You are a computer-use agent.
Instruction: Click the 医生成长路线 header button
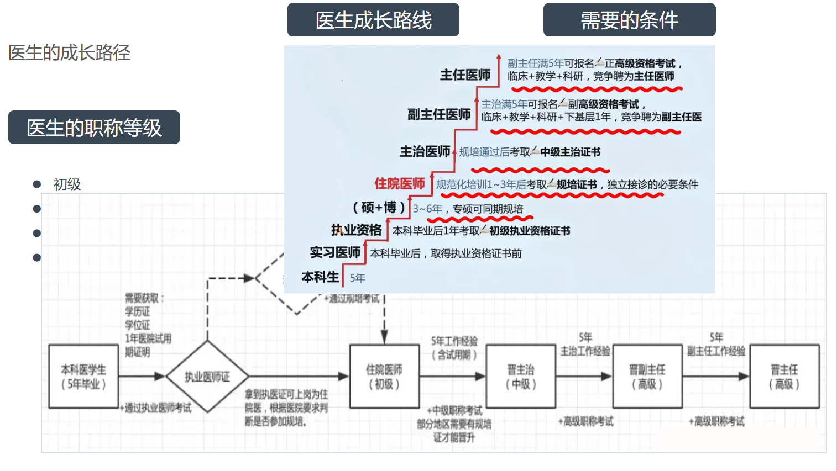[373, 20]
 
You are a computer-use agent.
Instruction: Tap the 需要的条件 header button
[629, 20]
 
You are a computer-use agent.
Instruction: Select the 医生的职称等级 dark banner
[94, 128]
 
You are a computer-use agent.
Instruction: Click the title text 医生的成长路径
[69, 53]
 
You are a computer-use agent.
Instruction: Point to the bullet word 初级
[67, 184]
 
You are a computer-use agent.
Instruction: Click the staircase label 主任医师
[465, 75]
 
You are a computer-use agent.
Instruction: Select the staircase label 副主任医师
[439, 114]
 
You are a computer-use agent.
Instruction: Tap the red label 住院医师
[400, 184]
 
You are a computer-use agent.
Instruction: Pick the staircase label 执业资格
[357, 230]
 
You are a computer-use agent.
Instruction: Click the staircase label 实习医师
[335, 253]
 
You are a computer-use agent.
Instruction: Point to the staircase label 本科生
[320, 277]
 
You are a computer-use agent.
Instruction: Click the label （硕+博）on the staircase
[379, 208]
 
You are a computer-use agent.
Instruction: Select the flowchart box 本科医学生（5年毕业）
[83, 377]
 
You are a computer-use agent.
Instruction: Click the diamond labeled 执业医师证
[207, 377]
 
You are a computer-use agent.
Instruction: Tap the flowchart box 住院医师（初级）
[384, 377]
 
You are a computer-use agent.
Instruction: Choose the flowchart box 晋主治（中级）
[521, 377]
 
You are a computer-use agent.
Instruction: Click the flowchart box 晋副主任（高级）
[647, 377]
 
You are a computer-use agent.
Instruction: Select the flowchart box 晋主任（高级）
[784, 377]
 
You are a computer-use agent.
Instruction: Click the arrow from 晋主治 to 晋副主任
[584, 377]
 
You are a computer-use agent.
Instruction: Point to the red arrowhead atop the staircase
[499, 57]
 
